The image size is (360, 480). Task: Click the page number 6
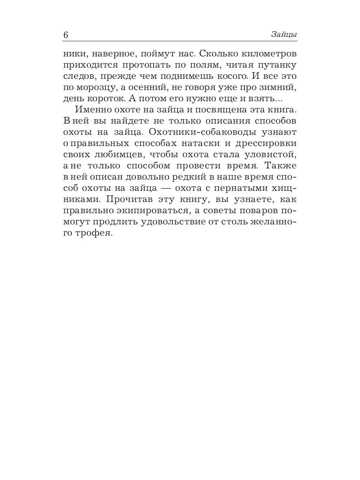[x=66, y=35]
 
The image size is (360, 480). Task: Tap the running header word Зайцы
[x=284, y=35]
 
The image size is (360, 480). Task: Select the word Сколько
[x=219, y=53]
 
